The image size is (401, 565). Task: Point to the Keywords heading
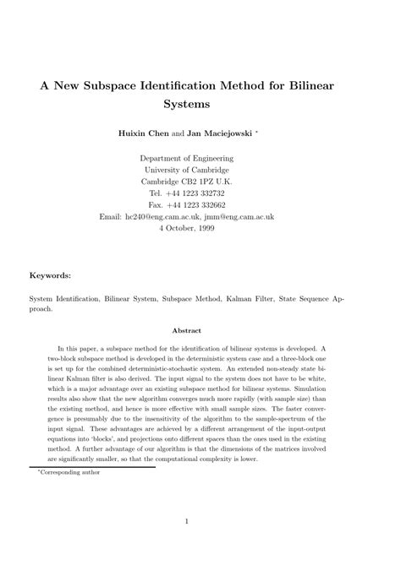pos(51,274)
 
